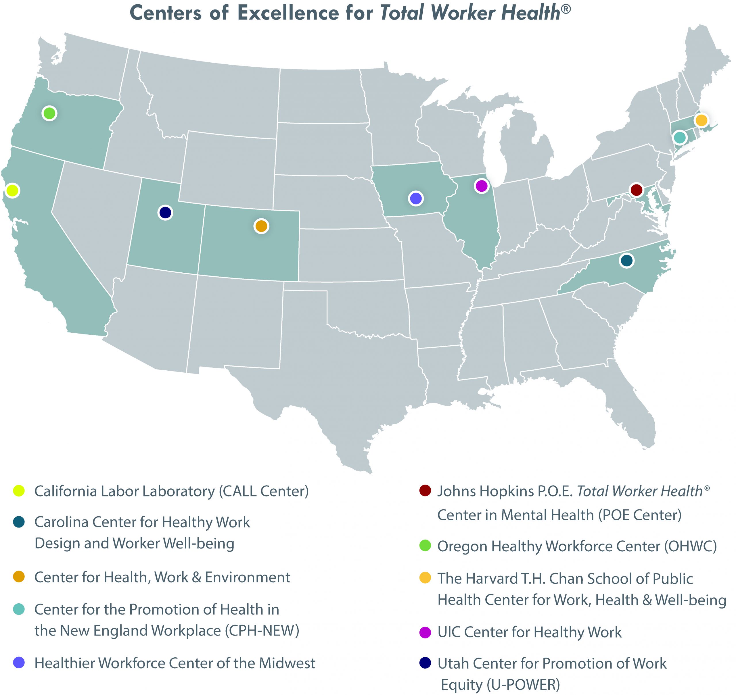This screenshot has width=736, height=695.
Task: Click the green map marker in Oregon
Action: pos(49,113)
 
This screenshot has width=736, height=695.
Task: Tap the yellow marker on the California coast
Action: pos(12,190)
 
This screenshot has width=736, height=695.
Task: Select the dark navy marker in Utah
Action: pos(165,213)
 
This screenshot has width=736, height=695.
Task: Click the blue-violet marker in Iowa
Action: pos(416,199)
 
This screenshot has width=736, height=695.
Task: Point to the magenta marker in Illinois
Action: pos(481,186)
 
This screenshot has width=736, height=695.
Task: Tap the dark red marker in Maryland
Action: pos(636,190)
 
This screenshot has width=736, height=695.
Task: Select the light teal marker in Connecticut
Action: pos(680,137)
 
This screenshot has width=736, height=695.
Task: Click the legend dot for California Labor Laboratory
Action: pos(18,491)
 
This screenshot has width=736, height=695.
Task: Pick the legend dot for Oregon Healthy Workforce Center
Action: pos(425,546)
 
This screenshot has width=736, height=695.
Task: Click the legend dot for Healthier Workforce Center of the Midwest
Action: pos(18,663)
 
